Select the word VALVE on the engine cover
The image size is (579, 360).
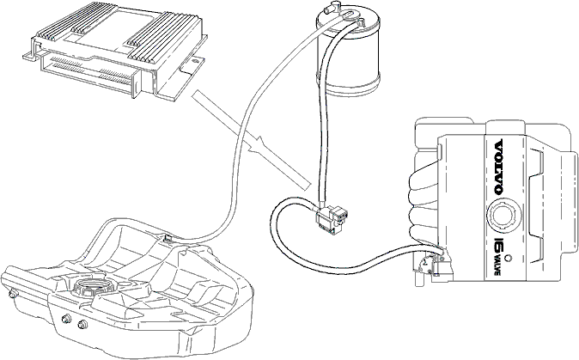(497, 265)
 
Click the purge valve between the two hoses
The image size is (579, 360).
(331, 219)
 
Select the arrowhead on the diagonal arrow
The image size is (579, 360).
(258, 144)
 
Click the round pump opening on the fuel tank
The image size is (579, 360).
(89, 287)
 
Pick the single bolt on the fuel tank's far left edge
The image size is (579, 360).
(14, 294)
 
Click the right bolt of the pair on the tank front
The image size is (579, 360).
(82, 325)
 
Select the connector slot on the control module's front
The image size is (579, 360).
(88, 71)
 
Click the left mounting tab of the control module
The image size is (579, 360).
(30, 55)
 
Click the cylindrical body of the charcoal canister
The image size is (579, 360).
(348, 55)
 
